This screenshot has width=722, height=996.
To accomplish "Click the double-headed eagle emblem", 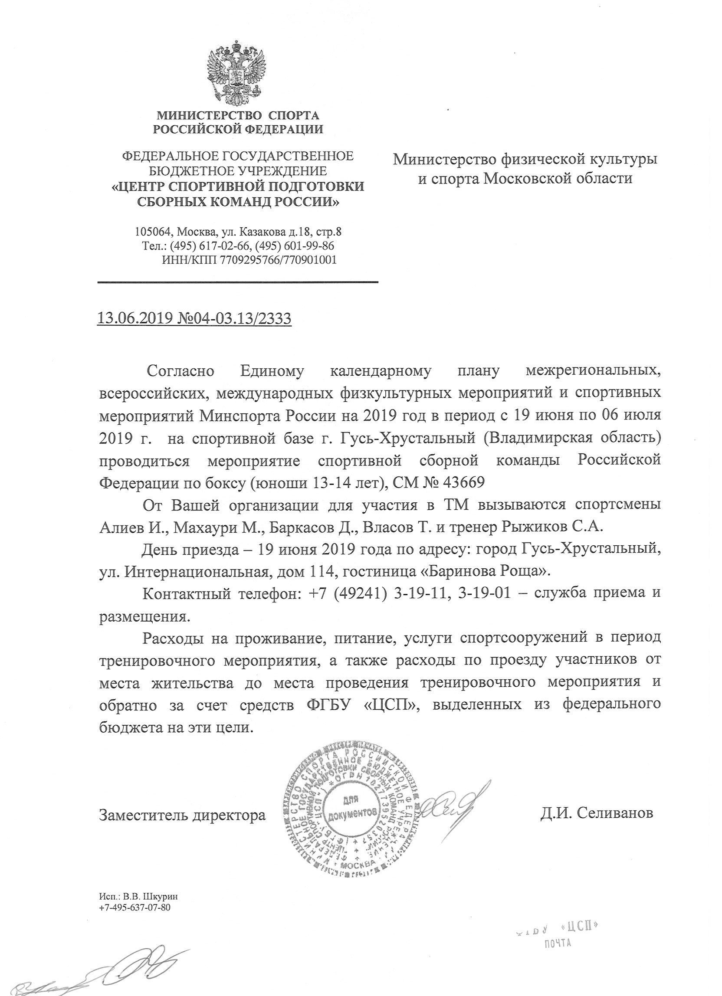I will [237, 72].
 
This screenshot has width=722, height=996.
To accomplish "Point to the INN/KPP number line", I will [249, 260].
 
